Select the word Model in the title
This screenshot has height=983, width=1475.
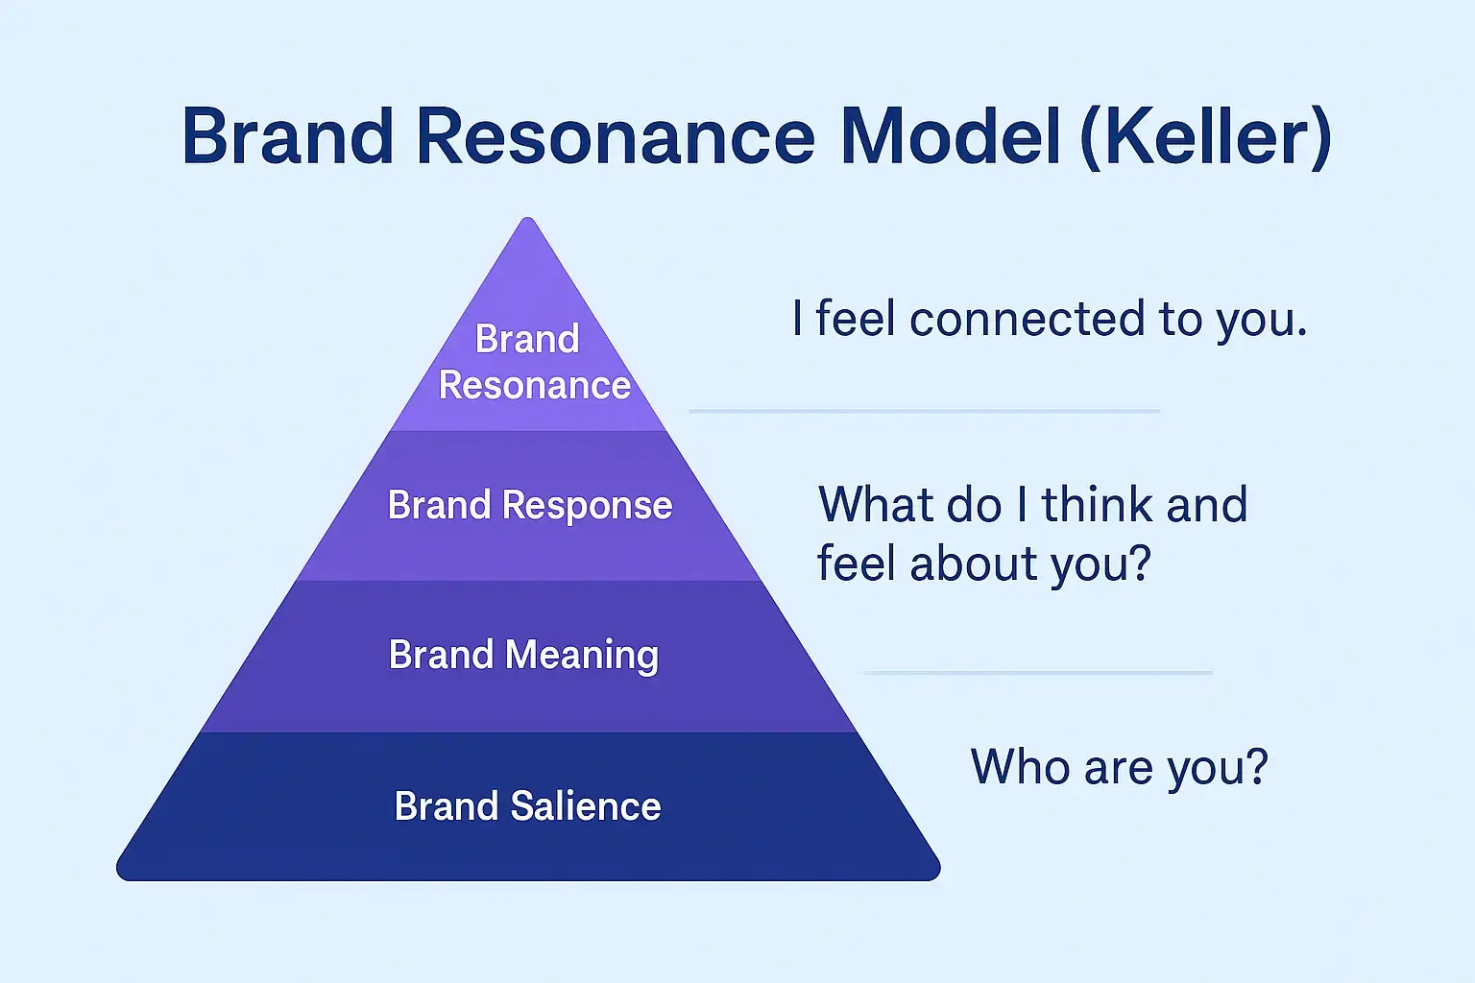951,136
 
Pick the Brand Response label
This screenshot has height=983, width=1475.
529,506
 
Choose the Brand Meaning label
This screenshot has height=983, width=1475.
523,656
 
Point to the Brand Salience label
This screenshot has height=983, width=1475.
527,806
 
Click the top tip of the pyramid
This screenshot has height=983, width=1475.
527,221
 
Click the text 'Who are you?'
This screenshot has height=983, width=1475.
1119,768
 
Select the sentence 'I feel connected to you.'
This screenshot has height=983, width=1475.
1050,320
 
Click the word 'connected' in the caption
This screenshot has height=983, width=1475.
1028,320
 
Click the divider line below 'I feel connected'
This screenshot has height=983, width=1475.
924,411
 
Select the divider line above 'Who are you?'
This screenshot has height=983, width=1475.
1038,673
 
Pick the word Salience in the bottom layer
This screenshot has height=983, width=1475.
586,806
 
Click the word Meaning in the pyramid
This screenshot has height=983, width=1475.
582,656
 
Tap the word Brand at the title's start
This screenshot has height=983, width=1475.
288,136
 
